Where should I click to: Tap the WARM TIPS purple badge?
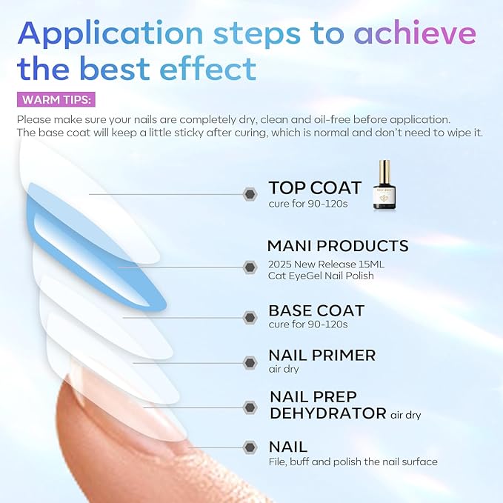pyautogui.click(x=56, y=100)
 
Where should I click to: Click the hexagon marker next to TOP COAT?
pyautogui.click(x=250, y=194)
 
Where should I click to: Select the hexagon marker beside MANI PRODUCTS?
pyautogui.click(x=250, y=267)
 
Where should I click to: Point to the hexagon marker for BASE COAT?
pyautogui.click(x=250, y=317)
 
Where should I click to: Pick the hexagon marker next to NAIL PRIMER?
pyautogui.click(x=250, y=362)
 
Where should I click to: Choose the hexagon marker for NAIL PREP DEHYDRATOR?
pyautogui.click(x=250, y=407)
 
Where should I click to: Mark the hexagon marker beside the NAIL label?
pyautogui.click(x=250, y=447)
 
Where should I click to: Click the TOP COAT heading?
pyautogui.click(x=315, y=187)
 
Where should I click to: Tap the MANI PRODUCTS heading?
pyautogui.click(x=338, y=246)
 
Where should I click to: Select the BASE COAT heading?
pyautogui.click(x=316, y=310)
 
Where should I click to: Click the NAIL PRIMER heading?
pyautogui.click(x=322, y=356)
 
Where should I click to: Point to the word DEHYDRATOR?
pyautogui.click(x=327, y=413)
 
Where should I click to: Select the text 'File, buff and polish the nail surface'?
pyautogui.click(x=353, y=462)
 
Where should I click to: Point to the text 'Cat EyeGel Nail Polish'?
pyautogui.click(x=321, y=276)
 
